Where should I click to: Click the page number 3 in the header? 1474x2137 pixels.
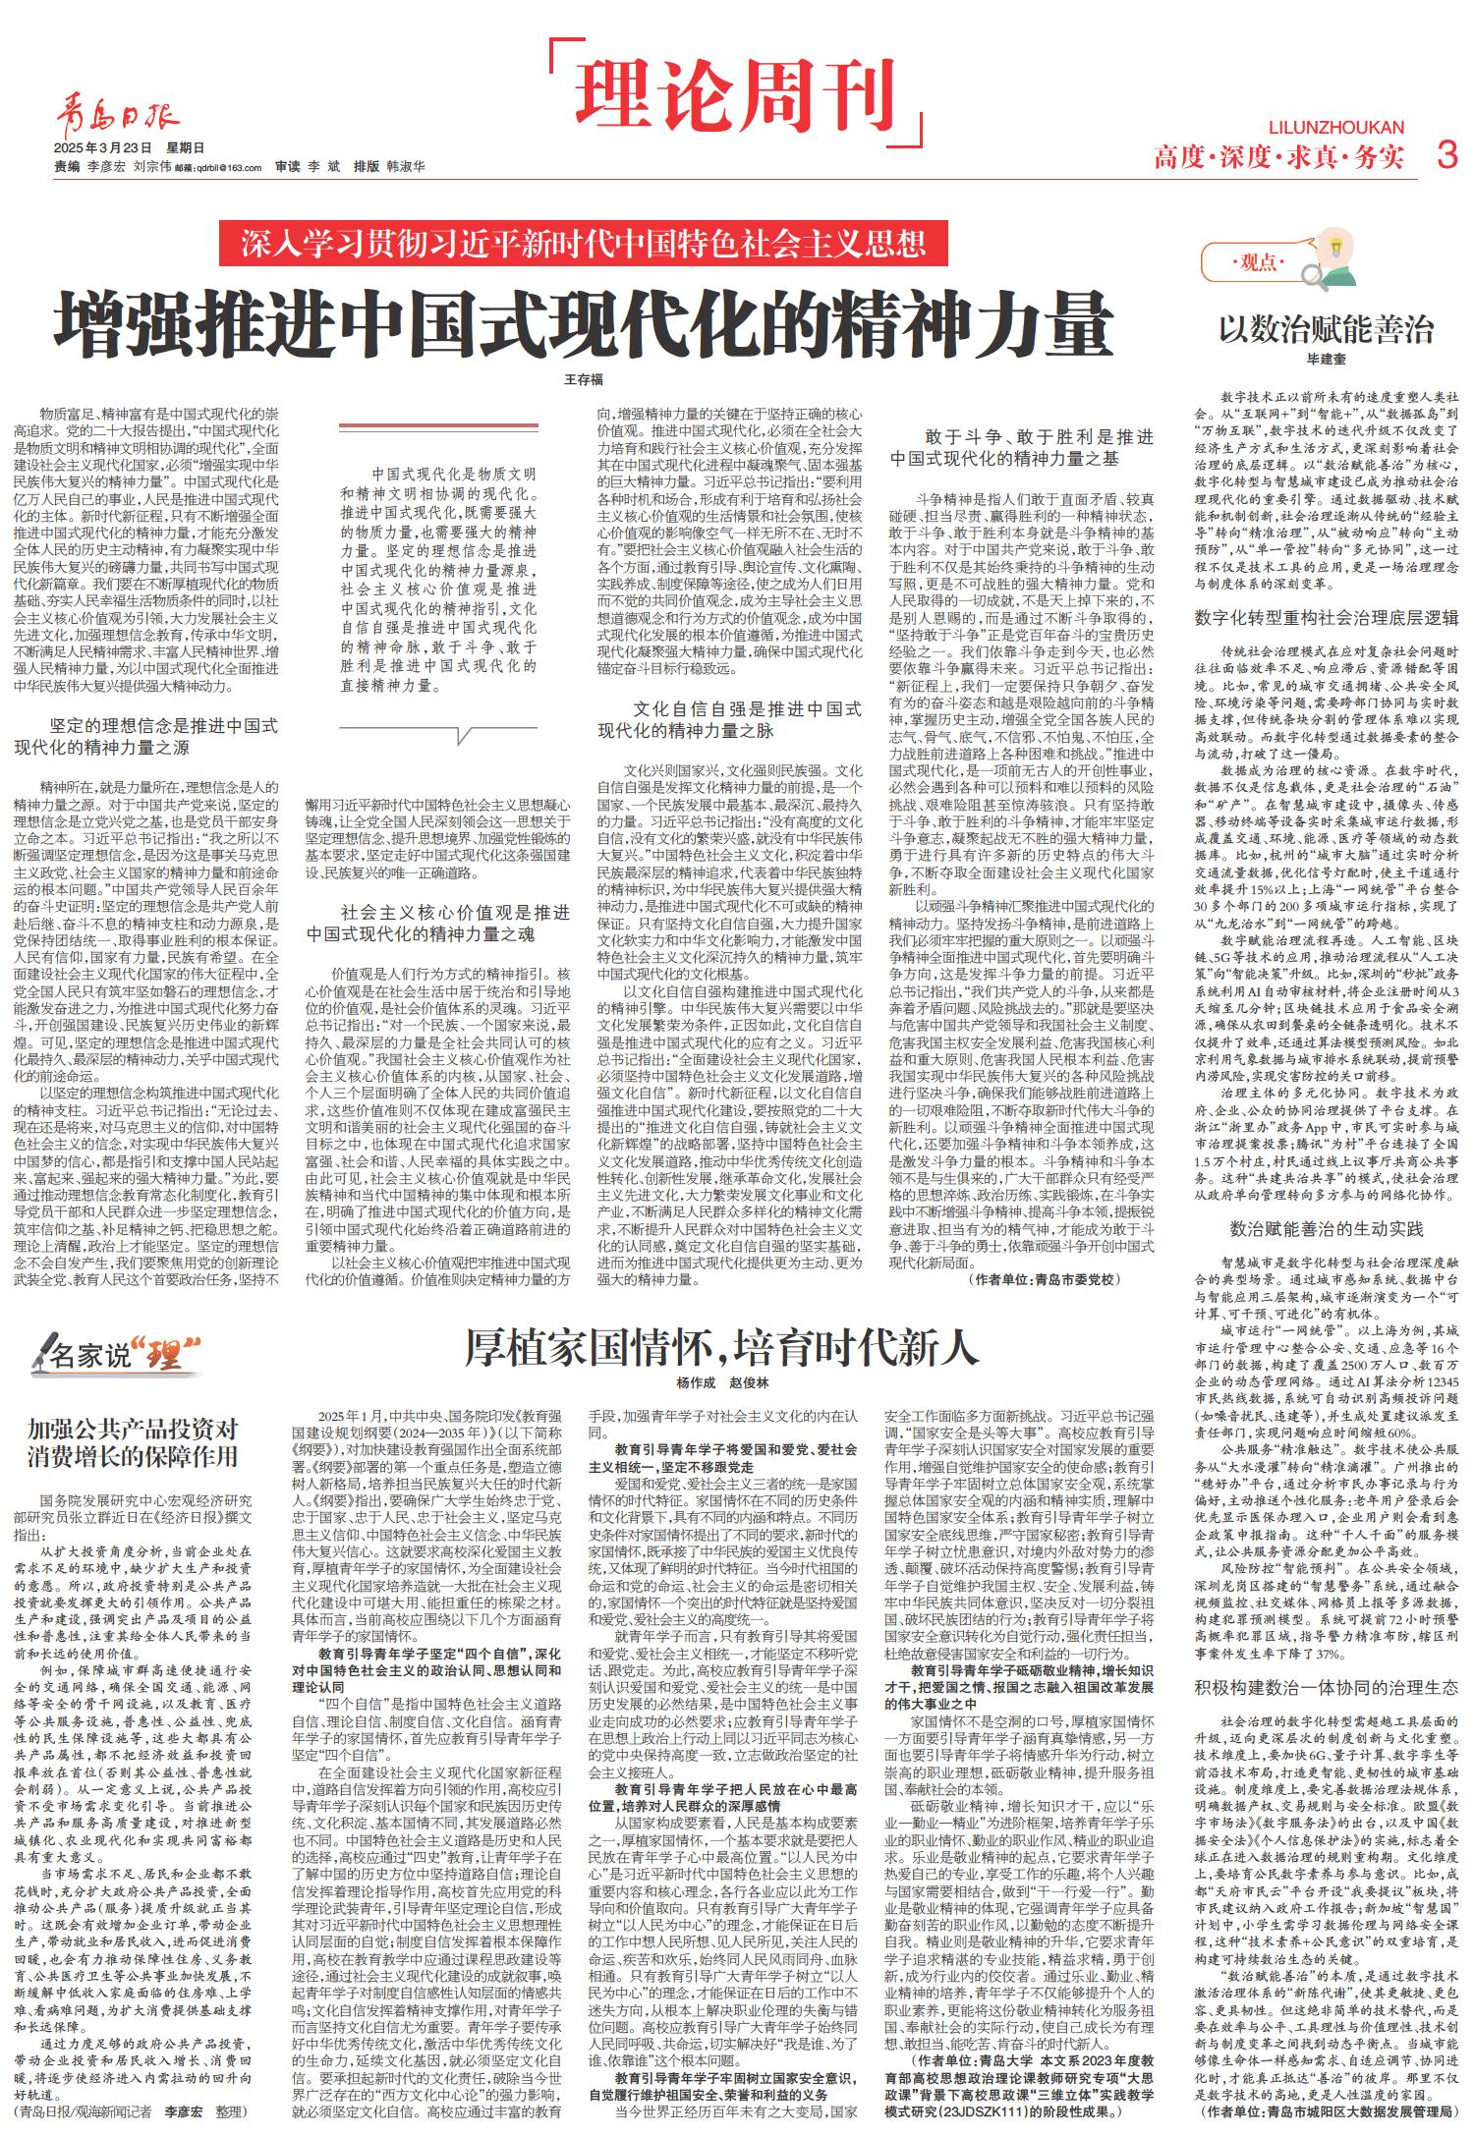point(1445,154)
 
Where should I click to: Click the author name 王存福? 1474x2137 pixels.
point(584,379)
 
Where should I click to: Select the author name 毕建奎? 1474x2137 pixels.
point(1326,361)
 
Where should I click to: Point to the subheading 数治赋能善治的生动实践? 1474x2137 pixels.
point(1327,1229)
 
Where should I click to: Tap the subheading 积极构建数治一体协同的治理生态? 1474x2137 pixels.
point(1327,1687)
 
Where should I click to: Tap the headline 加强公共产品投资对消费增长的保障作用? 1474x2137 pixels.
point(133,1441)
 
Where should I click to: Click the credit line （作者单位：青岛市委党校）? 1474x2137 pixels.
point(1044,1280)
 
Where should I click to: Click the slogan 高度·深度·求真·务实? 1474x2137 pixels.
point(1279,156)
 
